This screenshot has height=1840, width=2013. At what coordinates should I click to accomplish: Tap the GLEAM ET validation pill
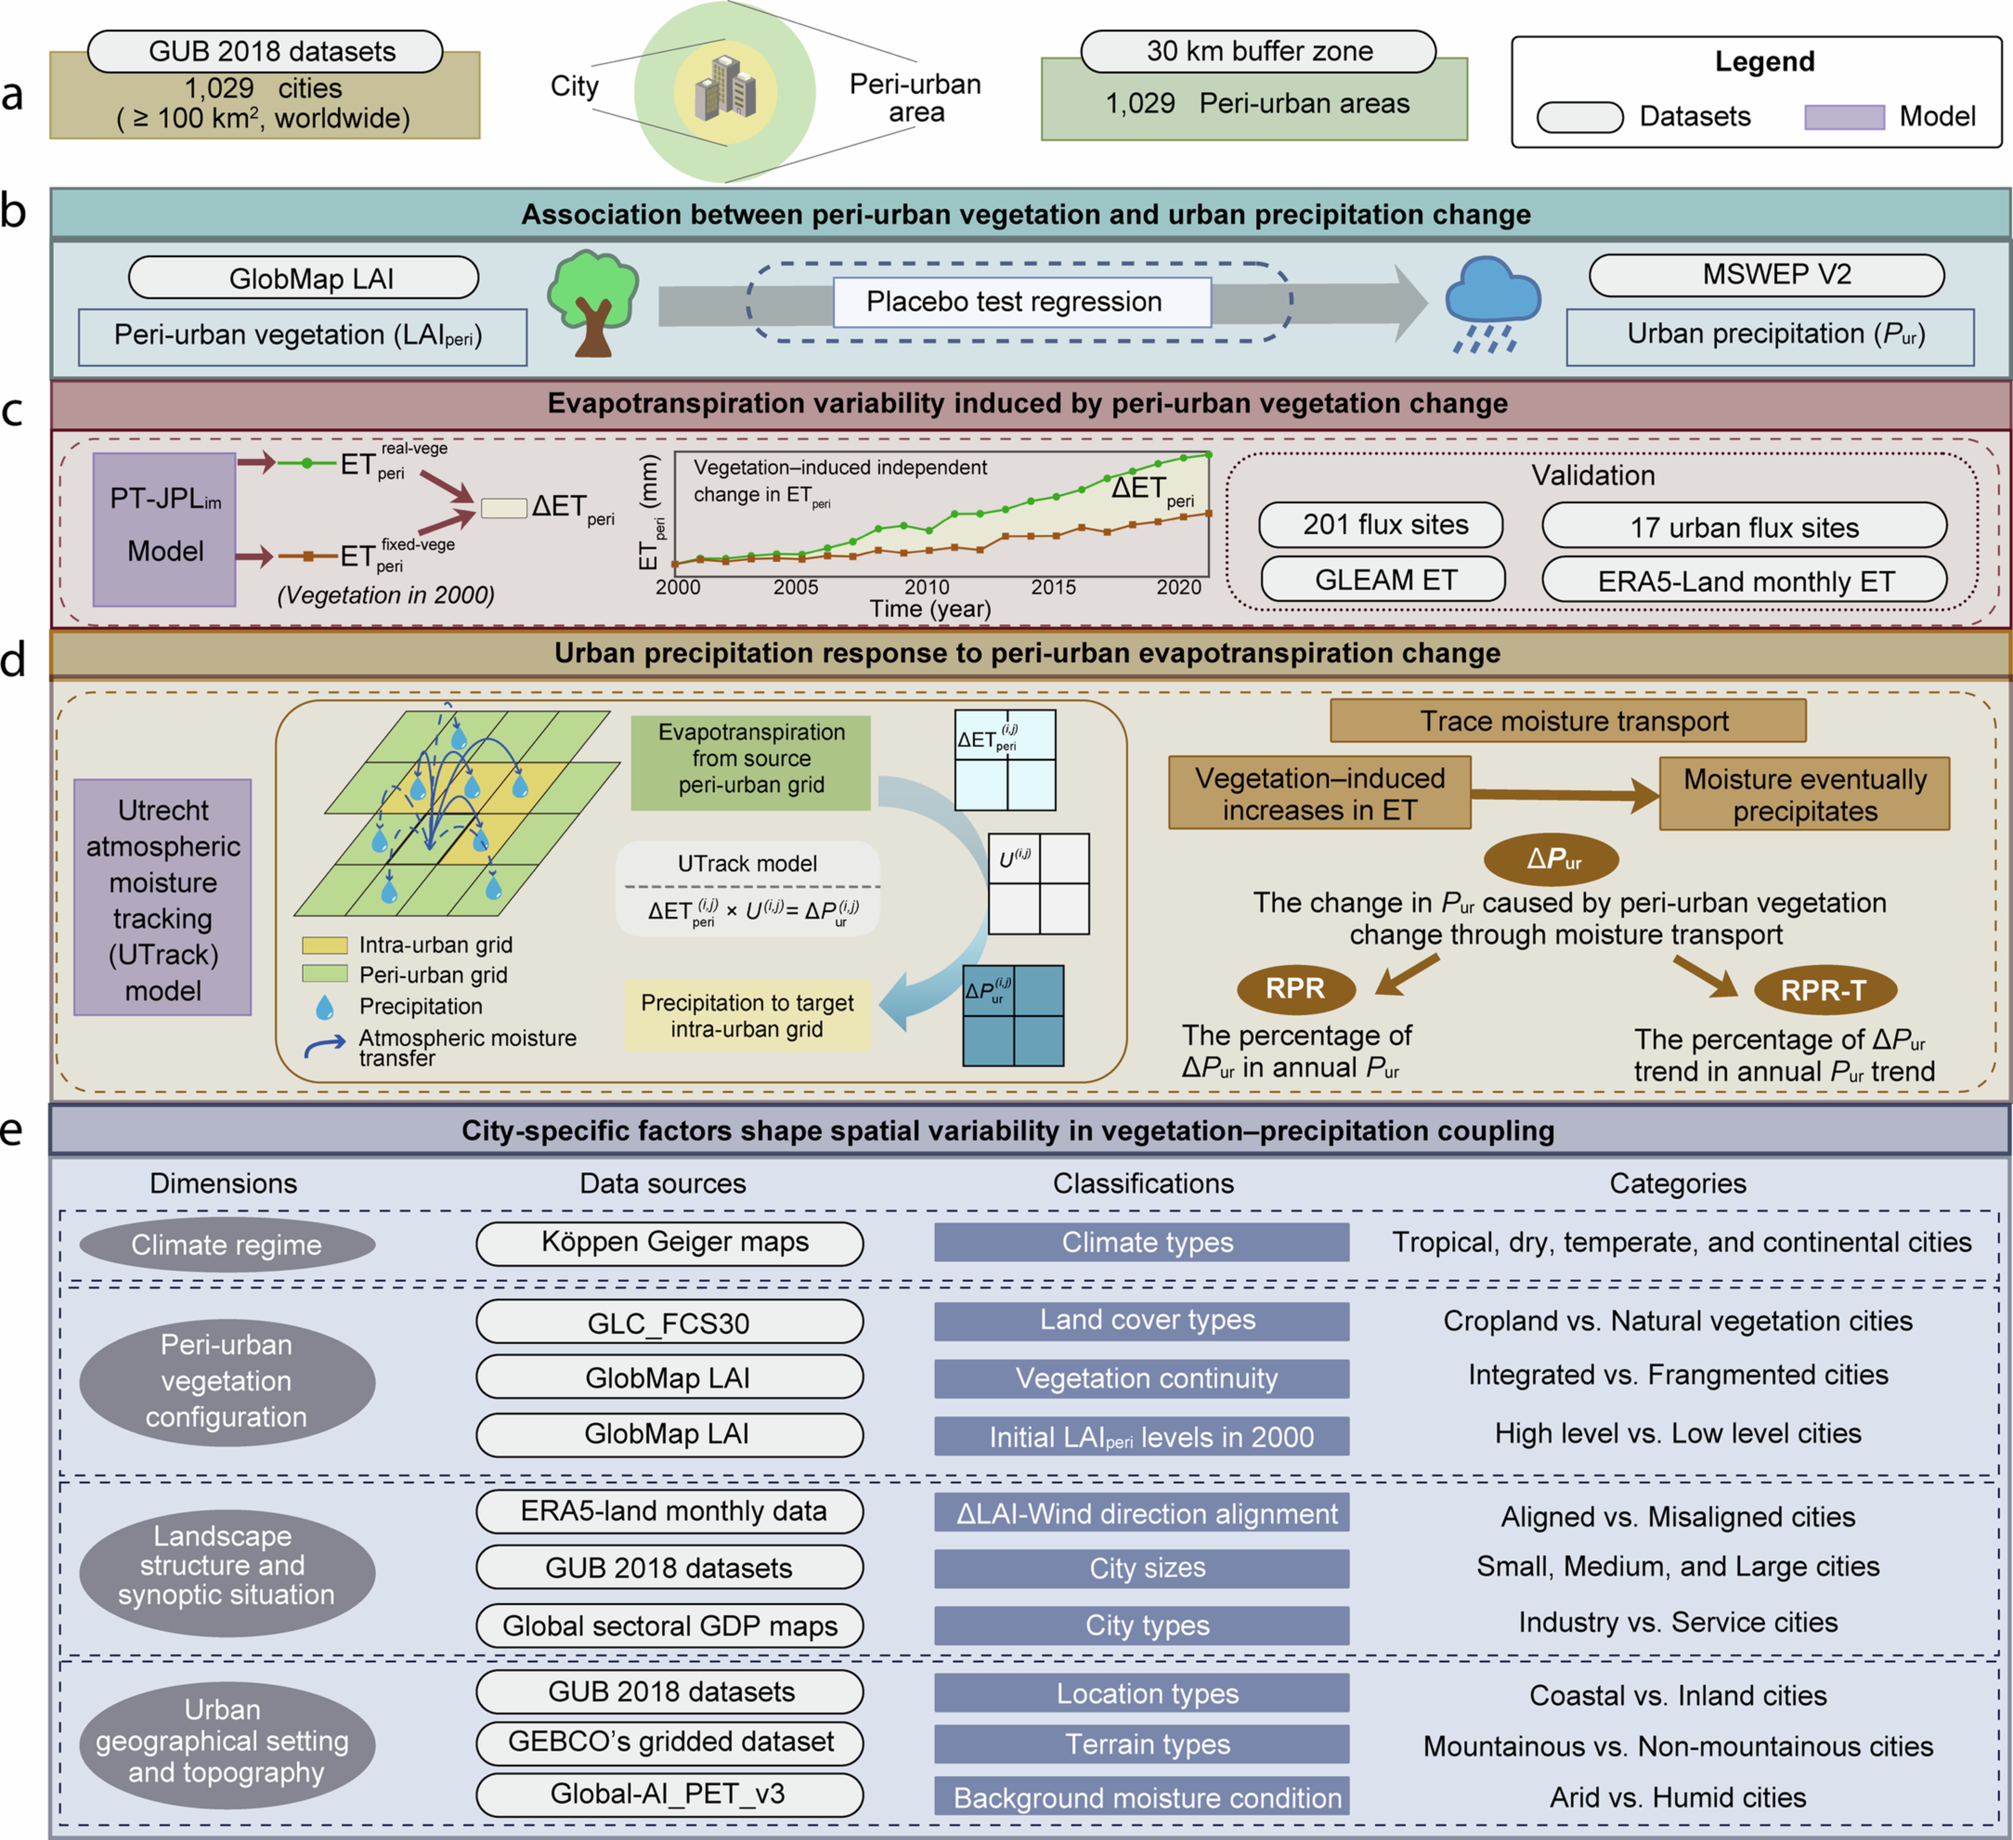(x=1383, y=579)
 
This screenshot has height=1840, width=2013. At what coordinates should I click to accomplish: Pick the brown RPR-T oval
(x=1824, y=990)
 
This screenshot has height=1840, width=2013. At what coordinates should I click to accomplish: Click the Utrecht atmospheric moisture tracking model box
(x=163, y=897)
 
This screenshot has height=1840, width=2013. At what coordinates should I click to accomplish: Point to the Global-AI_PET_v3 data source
(x=669, y=1794)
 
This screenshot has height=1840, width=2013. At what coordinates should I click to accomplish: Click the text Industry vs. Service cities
(x=1677, y=1622)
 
